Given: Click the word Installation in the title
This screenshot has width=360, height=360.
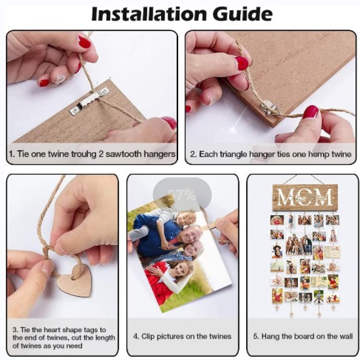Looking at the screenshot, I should click(148, 14).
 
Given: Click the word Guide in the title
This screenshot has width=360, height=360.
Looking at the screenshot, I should click(240, 14).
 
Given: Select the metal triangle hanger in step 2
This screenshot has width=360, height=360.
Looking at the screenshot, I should click(265, 105).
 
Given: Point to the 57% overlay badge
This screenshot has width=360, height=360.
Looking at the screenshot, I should click(181, 195).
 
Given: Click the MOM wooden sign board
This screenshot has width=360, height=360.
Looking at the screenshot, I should click(304, 196).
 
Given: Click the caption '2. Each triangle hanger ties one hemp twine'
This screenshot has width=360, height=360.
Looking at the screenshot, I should click(271, 154).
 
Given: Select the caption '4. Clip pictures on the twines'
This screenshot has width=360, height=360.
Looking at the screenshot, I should click(182, 337).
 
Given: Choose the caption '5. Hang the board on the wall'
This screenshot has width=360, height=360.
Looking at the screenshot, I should click(302, 337).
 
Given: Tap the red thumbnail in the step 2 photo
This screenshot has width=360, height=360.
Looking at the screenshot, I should click(242, 63).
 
